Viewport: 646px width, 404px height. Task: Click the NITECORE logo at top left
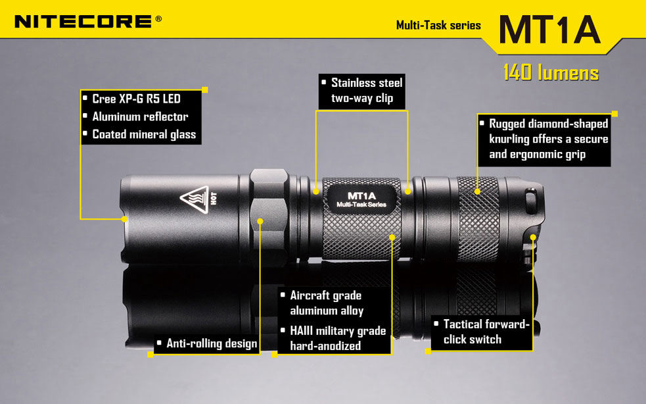pos(88,22)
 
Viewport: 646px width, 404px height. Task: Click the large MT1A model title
pos(549,30)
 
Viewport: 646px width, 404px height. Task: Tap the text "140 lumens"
pos(551,72)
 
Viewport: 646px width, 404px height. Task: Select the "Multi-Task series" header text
pos(438,25)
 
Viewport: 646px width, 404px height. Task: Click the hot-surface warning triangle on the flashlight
pos(195,199)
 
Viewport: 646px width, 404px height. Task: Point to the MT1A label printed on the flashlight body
pos(361,199)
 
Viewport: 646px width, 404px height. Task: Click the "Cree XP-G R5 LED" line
pos(137,99)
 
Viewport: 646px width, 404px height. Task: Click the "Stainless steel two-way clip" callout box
pos(362,91)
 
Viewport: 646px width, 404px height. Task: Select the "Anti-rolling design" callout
pos(207,343)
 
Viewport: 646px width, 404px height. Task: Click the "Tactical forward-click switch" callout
pos(482,332)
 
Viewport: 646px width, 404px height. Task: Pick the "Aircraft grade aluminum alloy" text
pos(327,303)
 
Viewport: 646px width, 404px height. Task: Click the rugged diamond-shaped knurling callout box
pos(544,139)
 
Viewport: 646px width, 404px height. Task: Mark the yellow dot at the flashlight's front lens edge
pos(124,219)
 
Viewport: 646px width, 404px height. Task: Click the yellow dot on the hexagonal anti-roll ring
pos(260,221)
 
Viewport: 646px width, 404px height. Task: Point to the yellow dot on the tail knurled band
pos(477,191)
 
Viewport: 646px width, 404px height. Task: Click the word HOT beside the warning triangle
pos(214,199)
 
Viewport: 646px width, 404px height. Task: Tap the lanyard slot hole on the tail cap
pos(530,201)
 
